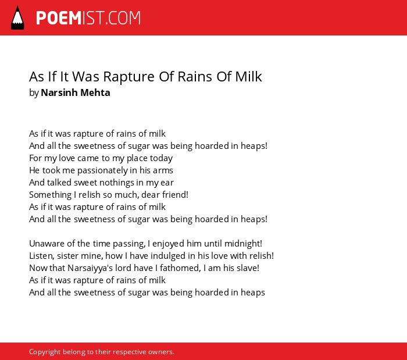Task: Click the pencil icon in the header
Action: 17,18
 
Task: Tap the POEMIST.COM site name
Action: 88,18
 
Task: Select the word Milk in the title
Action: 248,77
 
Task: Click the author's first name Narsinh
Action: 59,92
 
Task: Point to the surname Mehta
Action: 95,92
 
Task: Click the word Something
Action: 51,195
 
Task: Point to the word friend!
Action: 175,194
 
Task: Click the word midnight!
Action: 243,244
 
